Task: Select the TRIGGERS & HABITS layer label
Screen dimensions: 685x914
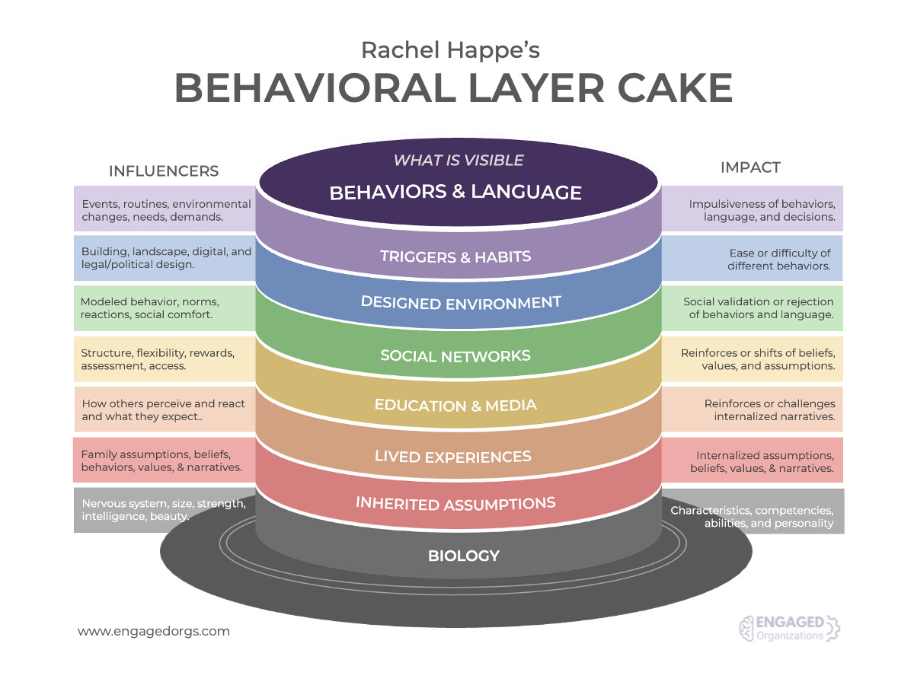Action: [455, 256]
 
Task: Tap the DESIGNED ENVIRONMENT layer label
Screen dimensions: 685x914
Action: [461, 302]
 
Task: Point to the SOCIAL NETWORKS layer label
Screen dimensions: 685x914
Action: [455, 355]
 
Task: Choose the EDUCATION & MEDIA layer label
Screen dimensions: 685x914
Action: [455, 405]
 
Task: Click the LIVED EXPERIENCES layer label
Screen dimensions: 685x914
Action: [452, 457]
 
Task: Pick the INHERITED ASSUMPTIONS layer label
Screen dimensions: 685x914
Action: [455, 503]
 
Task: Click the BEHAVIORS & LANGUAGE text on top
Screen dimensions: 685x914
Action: [455, 192]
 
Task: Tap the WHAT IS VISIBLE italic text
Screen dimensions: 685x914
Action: [459, 161]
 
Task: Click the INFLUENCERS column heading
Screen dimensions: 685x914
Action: [164, 171]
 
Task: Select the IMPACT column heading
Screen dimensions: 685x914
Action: [750, 167]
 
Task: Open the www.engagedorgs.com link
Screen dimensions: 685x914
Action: [154, 631]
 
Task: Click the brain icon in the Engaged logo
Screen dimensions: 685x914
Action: [746, 628]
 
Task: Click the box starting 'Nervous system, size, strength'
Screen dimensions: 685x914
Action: [164, 509]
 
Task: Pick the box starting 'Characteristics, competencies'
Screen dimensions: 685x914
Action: [753, 517]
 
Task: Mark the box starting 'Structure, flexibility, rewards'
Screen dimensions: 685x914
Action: [164, 359]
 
